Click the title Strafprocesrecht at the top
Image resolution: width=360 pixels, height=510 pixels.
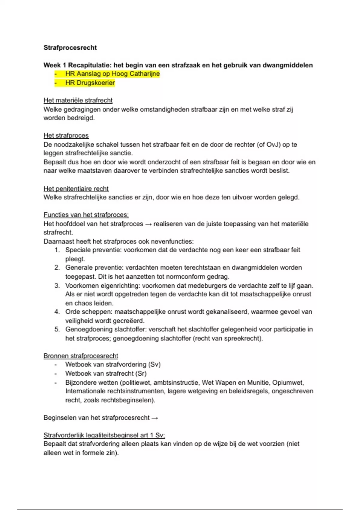[x=70, y=48]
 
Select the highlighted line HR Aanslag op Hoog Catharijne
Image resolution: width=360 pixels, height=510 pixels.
[x=112, y=74]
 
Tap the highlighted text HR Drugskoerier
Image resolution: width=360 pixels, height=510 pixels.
[x=90, y=83]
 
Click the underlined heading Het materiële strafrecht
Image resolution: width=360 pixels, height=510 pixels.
[x=78, y=100]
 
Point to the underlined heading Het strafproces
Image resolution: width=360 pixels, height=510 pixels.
[x=66, y=136]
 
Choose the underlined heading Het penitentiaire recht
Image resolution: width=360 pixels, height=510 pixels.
[x=76, y=189]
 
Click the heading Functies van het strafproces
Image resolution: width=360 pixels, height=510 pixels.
[x=86, y=215]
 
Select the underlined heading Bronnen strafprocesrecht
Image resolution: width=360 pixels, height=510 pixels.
[x=81, y=356]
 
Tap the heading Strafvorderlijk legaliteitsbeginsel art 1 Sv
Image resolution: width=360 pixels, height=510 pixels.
[x=104, y=435]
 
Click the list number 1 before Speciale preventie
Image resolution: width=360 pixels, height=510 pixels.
[x=57, y=250]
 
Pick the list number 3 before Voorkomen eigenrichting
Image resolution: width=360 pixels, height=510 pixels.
[x=57, y=286]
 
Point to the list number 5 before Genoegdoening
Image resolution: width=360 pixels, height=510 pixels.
[x=57, y=329]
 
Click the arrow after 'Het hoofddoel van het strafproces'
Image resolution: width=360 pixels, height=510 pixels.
[x=148, y=224]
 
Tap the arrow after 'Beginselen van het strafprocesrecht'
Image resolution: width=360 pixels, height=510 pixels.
[x=155, y=418]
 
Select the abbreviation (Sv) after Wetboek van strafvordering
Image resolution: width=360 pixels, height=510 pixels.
[x=154, y=364]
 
